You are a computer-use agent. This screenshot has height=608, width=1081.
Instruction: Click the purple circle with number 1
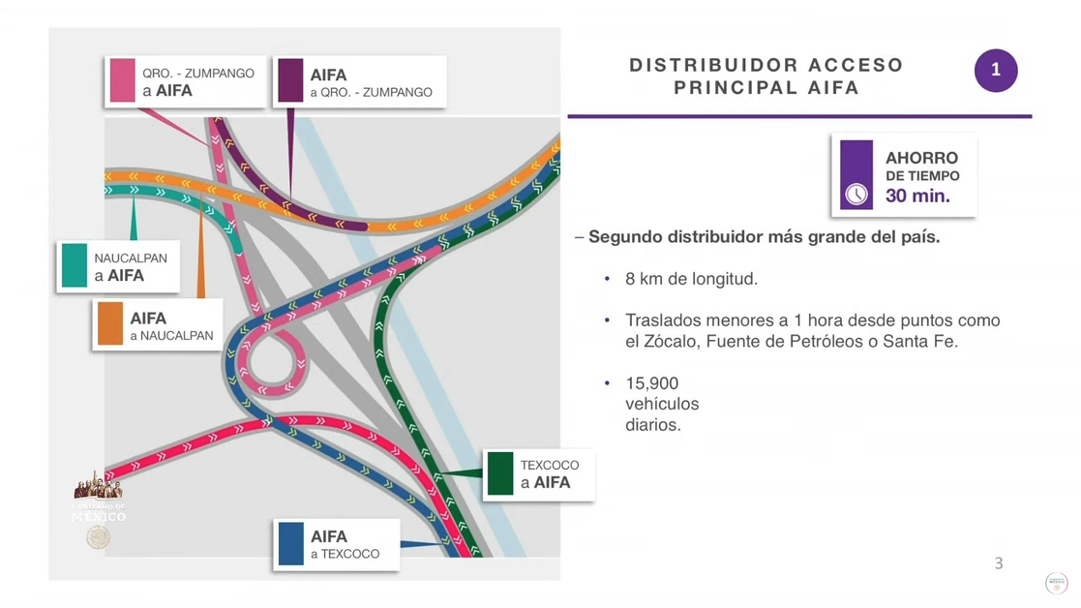coord(995,71)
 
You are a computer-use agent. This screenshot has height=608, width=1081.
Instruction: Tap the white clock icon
coord(856,194)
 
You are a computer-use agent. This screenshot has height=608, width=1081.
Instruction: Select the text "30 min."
coord(917,197)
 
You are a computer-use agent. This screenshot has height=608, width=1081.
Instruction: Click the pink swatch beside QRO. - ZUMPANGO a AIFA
coord(123,80)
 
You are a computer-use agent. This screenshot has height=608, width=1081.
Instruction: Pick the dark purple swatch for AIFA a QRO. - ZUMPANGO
coord(290,80)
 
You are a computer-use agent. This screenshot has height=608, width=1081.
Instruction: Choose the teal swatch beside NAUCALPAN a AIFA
coord(75,265)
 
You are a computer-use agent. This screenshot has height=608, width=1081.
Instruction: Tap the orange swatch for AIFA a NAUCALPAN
coord(110,324)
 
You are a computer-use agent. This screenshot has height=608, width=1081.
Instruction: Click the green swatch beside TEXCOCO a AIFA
coord(500,473)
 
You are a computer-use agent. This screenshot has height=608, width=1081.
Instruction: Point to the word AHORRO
coord(921,158)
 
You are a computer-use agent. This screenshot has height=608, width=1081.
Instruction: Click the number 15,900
coord(651,383)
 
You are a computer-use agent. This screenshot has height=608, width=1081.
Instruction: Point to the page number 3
coord(999,563)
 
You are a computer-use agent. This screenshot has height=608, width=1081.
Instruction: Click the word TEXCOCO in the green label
coord(550,465)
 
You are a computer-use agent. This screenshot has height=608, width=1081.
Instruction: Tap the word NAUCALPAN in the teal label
coord(131,258)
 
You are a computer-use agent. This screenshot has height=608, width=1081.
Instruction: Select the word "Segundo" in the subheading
coord(626,236)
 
